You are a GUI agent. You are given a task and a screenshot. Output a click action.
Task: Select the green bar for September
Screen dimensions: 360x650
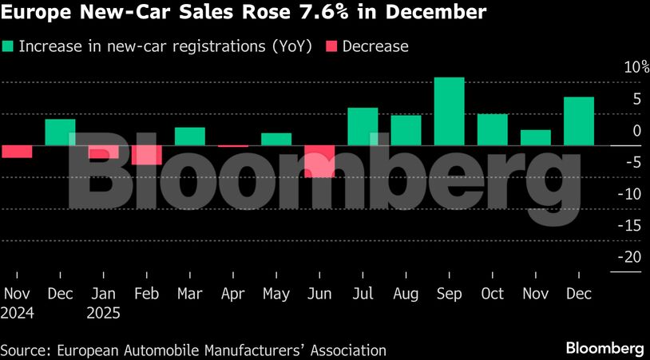point(449,112)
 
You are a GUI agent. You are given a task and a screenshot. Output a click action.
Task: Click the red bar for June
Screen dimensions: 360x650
point(319,161)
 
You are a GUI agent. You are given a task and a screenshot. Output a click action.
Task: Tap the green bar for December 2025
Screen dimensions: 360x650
point(579,121)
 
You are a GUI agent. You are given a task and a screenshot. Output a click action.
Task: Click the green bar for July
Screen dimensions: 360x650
point(363,127)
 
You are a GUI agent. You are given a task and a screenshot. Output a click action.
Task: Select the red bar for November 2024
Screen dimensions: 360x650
point(16,152)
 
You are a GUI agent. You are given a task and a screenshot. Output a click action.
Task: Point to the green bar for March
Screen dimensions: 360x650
point(189,136)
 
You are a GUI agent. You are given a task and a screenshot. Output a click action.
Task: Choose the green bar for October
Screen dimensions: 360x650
point(492,130)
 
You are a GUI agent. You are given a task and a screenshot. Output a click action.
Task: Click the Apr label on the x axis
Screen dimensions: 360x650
point(232,294)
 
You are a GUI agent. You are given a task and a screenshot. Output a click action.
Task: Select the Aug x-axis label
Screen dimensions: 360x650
point(406,294)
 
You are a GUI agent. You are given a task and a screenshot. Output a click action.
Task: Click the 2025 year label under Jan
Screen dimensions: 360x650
point(104,313)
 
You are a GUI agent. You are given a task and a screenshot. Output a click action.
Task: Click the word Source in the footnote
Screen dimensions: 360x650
point(22,350)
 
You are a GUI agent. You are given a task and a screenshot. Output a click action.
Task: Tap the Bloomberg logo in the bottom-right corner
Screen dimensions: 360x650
point(604,348)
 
